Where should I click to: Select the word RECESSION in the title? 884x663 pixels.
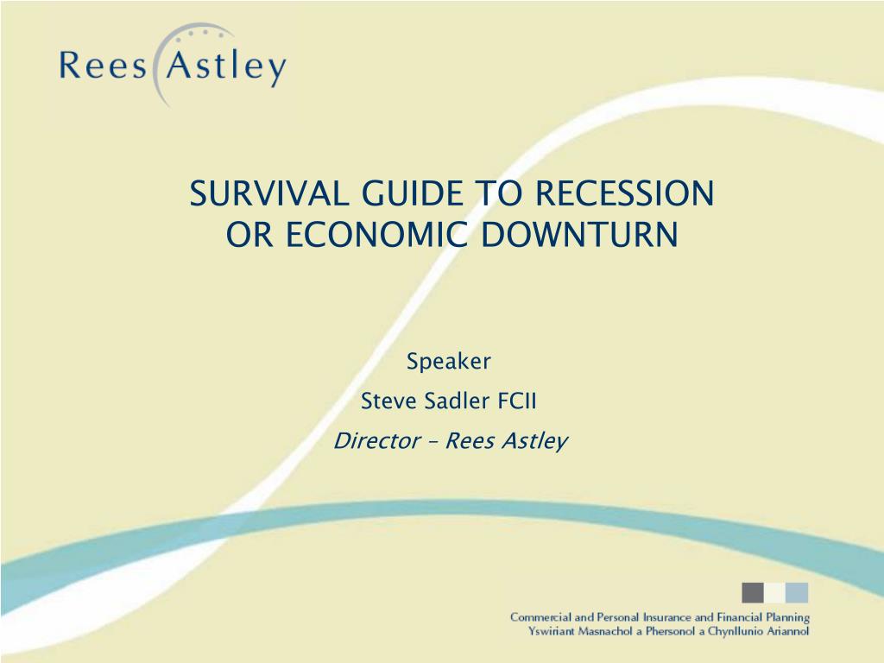point(624,193)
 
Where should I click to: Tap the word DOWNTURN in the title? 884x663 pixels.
point(579,234)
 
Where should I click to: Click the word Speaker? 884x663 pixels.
point(449,362)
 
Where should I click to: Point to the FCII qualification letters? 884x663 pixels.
point(516,401)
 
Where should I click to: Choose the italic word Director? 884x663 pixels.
point(377,440)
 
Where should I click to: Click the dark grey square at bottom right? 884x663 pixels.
point(753,592)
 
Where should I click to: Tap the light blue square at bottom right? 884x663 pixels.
point(797,592)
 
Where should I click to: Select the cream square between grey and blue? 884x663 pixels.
point(774,592)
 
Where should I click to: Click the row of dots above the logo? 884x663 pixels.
point(199,34)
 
